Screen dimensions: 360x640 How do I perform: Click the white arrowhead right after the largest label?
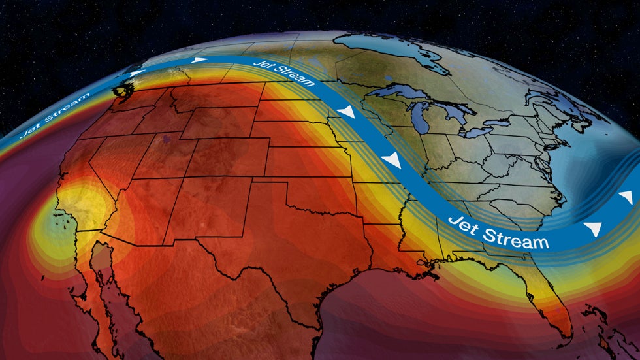(593, 228)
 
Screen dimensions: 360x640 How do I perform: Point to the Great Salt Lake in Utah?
(170, 139)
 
